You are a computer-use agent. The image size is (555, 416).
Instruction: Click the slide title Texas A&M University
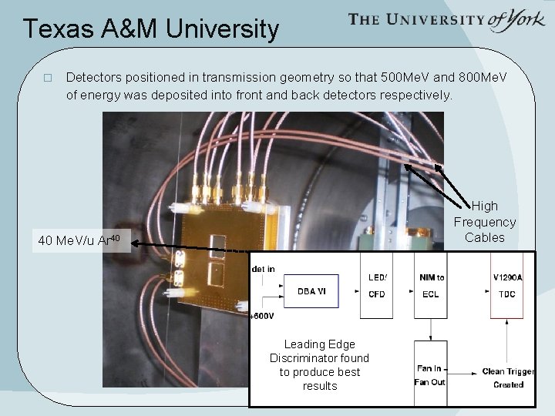click(150, 29)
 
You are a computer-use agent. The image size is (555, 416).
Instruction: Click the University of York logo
click(446, 20)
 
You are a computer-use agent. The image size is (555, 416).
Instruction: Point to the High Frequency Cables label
click(484, 222)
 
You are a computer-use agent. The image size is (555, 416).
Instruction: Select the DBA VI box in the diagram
click(311, 291)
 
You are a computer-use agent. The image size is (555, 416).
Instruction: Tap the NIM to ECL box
click(431, 286)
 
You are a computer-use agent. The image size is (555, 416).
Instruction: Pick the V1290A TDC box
click(506, 286)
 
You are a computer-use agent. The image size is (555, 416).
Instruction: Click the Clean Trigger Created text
click(503, 377)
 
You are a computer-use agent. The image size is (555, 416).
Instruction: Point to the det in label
click(264, 269)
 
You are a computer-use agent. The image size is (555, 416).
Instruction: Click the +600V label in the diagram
click(263, 316)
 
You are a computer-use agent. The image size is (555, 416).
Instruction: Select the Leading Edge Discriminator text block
click(319, 365)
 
